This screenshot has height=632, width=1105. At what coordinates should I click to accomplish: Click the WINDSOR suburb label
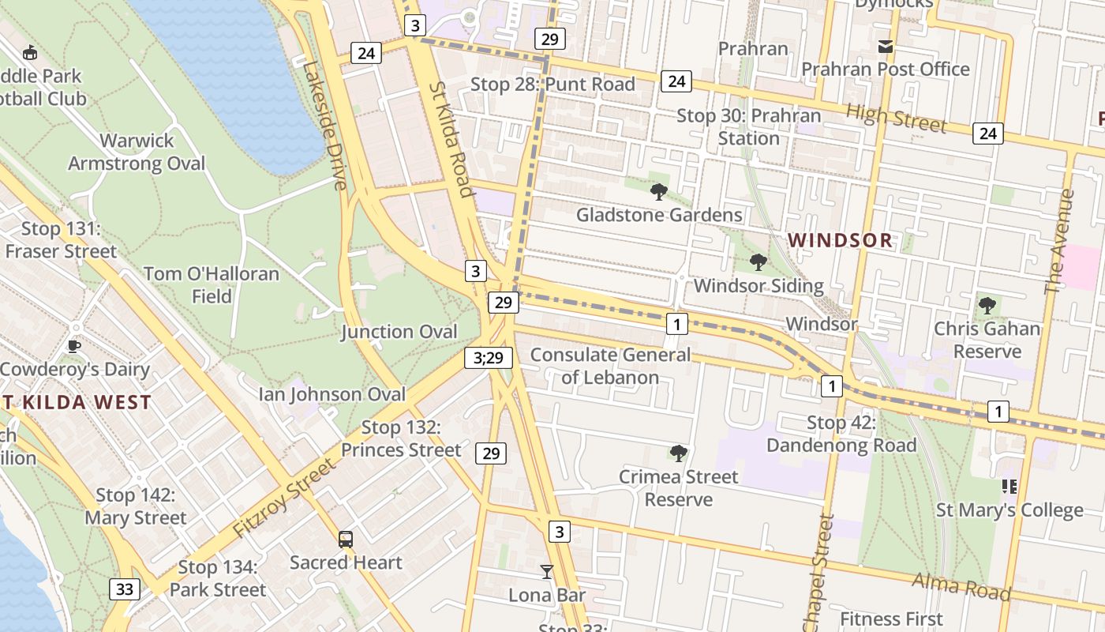[840, 240]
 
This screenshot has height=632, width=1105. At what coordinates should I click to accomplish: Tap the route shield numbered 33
[124, 589]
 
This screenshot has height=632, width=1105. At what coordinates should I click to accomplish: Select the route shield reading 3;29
[489, 357]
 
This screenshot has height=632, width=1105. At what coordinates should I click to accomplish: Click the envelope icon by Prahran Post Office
[886, 47]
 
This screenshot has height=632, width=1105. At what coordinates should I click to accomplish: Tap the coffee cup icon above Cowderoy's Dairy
[73, 346]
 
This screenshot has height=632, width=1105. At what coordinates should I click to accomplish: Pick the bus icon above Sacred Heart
[346, 540]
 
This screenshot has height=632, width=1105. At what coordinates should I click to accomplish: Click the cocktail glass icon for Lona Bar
[546, 571]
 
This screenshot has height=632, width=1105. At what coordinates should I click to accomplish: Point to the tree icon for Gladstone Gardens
[658, 191]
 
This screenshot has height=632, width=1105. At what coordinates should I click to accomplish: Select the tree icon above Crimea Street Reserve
[678, 453]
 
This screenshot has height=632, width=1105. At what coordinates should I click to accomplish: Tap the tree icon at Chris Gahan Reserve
[987, 305]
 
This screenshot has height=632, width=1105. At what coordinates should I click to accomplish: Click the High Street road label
[896, 118]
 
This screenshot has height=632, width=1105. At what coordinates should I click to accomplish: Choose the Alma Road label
[961, 585]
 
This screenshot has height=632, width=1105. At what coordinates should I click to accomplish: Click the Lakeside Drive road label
[324, 126]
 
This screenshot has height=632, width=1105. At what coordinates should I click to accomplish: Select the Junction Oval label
[399, 332]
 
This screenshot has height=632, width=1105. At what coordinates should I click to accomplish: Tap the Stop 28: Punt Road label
[552, 85]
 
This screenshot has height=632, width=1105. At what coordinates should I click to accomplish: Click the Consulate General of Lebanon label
[609, 366]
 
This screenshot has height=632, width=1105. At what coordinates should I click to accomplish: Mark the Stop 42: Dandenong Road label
[841, 434]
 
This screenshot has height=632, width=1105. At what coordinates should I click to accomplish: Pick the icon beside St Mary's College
[1009, 487]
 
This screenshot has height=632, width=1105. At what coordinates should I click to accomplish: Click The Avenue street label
[1059, 241]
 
